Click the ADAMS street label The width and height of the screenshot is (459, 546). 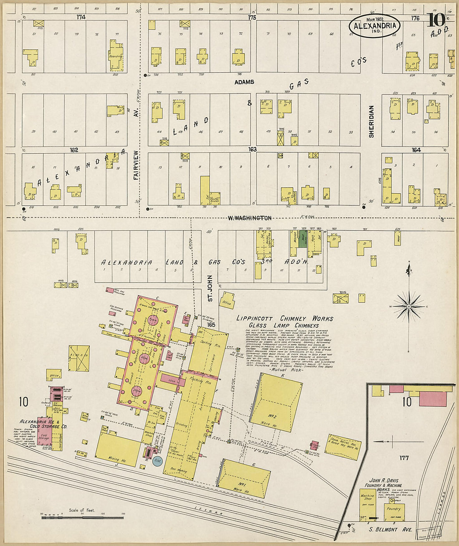pyautogui.click(x=244, y=82)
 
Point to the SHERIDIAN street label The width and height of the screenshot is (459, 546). pyautogui.click(x=371, y=121)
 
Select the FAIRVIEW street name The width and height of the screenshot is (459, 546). pyautogui.click(x=136, y=165)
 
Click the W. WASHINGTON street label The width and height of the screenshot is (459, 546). pyautogui.click(x=250, y=218)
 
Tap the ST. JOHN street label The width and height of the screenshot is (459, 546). pyautogui.click(x=210, y=288)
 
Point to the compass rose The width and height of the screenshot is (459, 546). pyautogui.click(x=409, y=306)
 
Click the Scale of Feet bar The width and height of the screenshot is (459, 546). pyautogui.click(x=83, y=518)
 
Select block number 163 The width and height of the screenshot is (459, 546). pyautogui.click(x=252, y=149)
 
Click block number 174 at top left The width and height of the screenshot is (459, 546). pyautogui.click(x=81, y=18)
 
